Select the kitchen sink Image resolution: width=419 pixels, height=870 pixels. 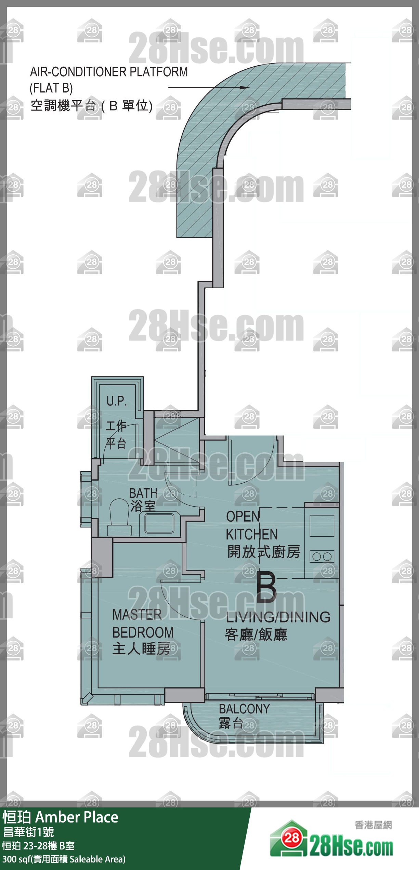(322, 526)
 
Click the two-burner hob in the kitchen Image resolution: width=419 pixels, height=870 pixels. (322, 557)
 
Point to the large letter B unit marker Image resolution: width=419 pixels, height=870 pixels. (266, 588)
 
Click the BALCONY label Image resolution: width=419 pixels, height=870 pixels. (245, 709)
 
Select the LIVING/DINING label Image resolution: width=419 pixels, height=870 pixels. (278, 617)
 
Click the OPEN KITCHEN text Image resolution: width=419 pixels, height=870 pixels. (252, 525)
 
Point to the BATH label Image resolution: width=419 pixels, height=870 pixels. (143, 493)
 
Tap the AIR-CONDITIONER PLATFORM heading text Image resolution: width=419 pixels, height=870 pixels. (109, 72)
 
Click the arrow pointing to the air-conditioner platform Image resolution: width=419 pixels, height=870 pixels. (209, 88)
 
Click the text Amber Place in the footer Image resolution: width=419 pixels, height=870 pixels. (77, 817)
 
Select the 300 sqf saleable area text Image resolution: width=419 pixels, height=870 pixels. (64, 859)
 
